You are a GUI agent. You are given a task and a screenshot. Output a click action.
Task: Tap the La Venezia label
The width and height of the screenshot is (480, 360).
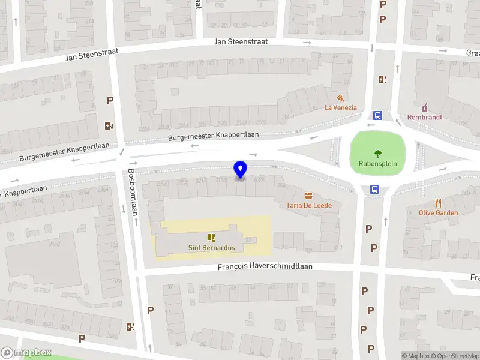coord(340,108)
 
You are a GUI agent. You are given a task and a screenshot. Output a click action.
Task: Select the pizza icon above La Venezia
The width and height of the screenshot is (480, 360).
coord(340,98)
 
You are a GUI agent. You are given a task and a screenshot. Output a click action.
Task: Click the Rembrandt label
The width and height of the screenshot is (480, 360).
coord(425,118)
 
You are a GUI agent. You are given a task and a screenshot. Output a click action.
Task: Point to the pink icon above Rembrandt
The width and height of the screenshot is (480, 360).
coord(425,107)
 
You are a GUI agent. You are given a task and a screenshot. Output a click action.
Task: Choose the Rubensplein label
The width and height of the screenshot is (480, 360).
coord(378,163)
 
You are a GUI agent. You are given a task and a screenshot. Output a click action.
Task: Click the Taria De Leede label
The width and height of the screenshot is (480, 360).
coord(308,205)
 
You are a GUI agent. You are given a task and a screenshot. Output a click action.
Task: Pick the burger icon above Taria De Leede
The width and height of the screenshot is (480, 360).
coord(308,196)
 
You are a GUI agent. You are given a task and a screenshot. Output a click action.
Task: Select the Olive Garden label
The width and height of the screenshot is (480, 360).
coord(439,213)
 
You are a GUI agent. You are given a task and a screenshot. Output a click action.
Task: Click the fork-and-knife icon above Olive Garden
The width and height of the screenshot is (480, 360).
coord(439,203)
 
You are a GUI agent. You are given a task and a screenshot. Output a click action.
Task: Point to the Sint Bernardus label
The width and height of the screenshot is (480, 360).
coord(211,247)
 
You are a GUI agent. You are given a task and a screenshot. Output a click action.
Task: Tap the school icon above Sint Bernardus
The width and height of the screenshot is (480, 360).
coord(211,238)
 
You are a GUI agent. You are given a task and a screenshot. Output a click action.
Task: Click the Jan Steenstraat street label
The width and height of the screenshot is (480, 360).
coord(241,42)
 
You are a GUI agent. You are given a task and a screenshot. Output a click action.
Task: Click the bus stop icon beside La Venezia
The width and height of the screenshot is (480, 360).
coord(378,115)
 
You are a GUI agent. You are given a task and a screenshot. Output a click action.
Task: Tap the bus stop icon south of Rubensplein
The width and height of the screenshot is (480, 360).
coord(375,189)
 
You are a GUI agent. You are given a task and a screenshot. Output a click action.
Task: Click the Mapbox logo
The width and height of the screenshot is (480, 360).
coord(26,353)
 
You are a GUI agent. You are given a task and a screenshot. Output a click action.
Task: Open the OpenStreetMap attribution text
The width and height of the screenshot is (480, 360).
coord(457,356)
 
